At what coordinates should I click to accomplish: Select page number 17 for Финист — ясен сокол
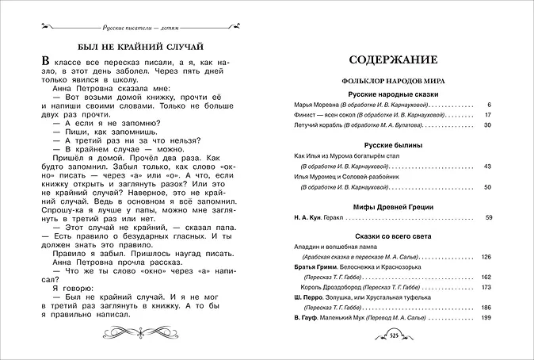pos(488,116)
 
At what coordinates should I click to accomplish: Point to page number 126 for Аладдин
pos(486,257)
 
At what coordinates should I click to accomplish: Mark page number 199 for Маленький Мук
pos(486,317)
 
